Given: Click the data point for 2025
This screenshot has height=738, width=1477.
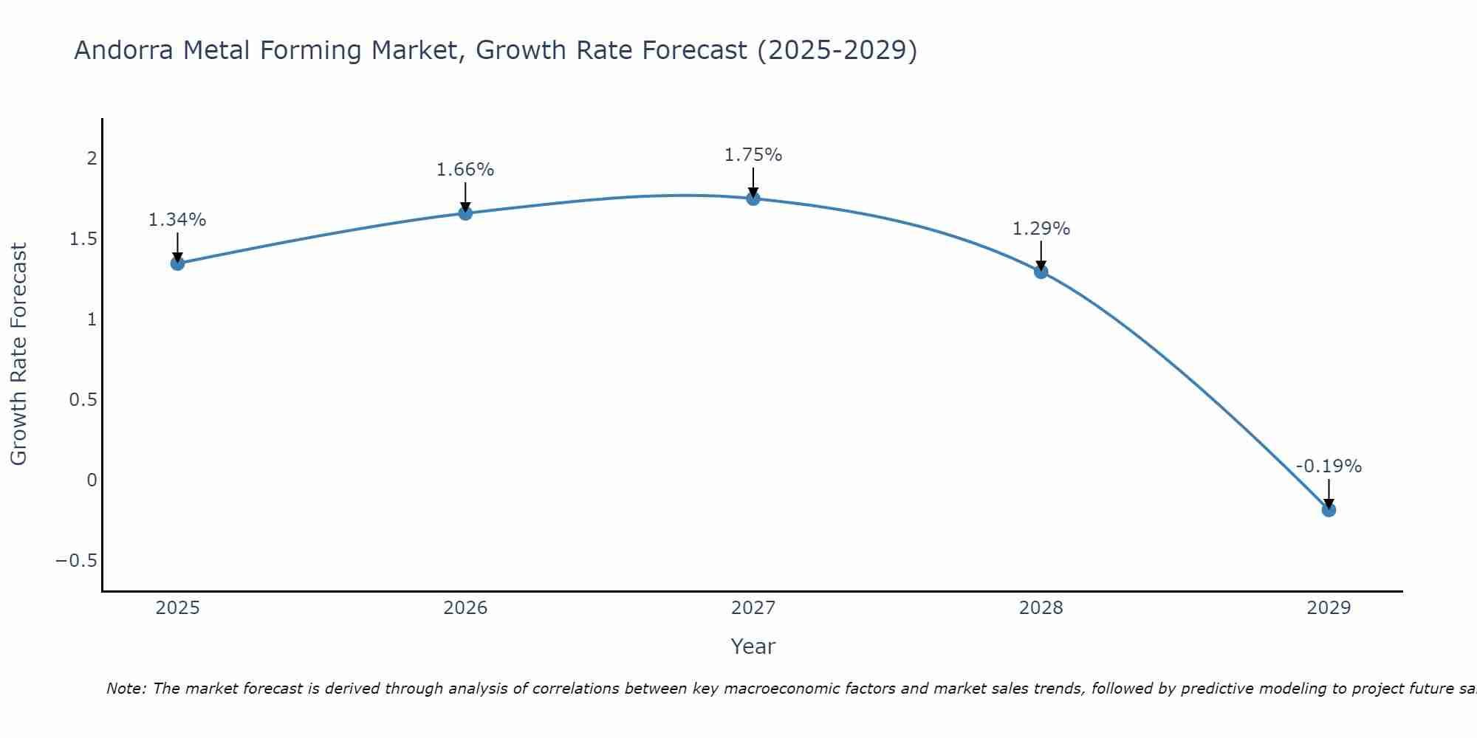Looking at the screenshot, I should click(x=177, y=263).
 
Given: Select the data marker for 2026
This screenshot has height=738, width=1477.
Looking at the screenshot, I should click(x=465, y=213).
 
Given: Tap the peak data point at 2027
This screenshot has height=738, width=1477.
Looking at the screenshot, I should click(x=753, y=198).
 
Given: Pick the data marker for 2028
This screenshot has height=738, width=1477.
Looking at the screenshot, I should click(x=1041, y=272).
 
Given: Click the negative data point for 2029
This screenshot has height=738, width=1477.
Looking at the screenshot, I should click(x=1328, y=509).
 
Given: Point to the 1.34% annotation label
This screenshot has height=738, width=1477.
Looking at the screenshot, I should click(x=177, y=220).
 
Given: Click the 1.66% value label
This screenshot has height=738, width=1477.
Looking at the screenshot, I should click(x=465, y=170).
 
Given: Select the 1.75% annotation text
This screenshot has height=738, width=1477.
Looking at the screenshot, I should click(x=753, y=155).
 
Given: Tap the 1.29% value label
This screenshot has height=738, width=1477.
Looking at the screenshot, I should click(x=1041, y=229).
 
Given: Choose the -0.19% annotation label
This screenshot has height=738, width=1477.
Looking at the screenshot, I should click(x=1328, y=466).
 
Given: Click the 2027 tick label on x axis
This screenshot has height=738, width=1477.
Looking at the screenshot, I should click(x=753, y=608).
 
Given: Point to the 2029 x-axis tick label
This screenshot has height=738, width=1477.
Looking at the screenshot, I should click(x=1328, y=608).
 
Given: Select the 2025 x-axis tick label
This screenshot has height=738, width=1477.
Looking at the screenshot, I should click(x=177, y=608).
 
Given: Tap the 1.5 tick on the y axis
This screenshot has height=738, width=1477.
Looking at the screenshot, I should click(x=83, y=239).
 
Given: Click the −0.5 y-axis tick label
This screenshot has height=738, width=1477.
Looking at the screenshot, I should click(x=76, y=561).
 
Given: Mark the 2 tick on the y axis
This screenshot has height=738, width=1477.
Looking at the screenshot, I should click(x=92, y=159).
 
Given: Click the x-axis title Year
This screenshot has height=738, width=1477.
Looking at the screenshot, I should click(x=753, y=646).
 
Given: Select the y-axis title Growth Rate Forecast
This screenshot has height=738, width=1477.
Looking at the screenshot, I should click(x=18, y=354).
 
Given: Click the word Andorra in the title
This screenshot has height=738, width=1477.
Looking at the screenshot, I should click(x=124, y=50).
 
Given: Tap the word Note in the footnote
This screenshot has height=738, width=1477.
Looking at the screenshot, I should click(x=125, y=689).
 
